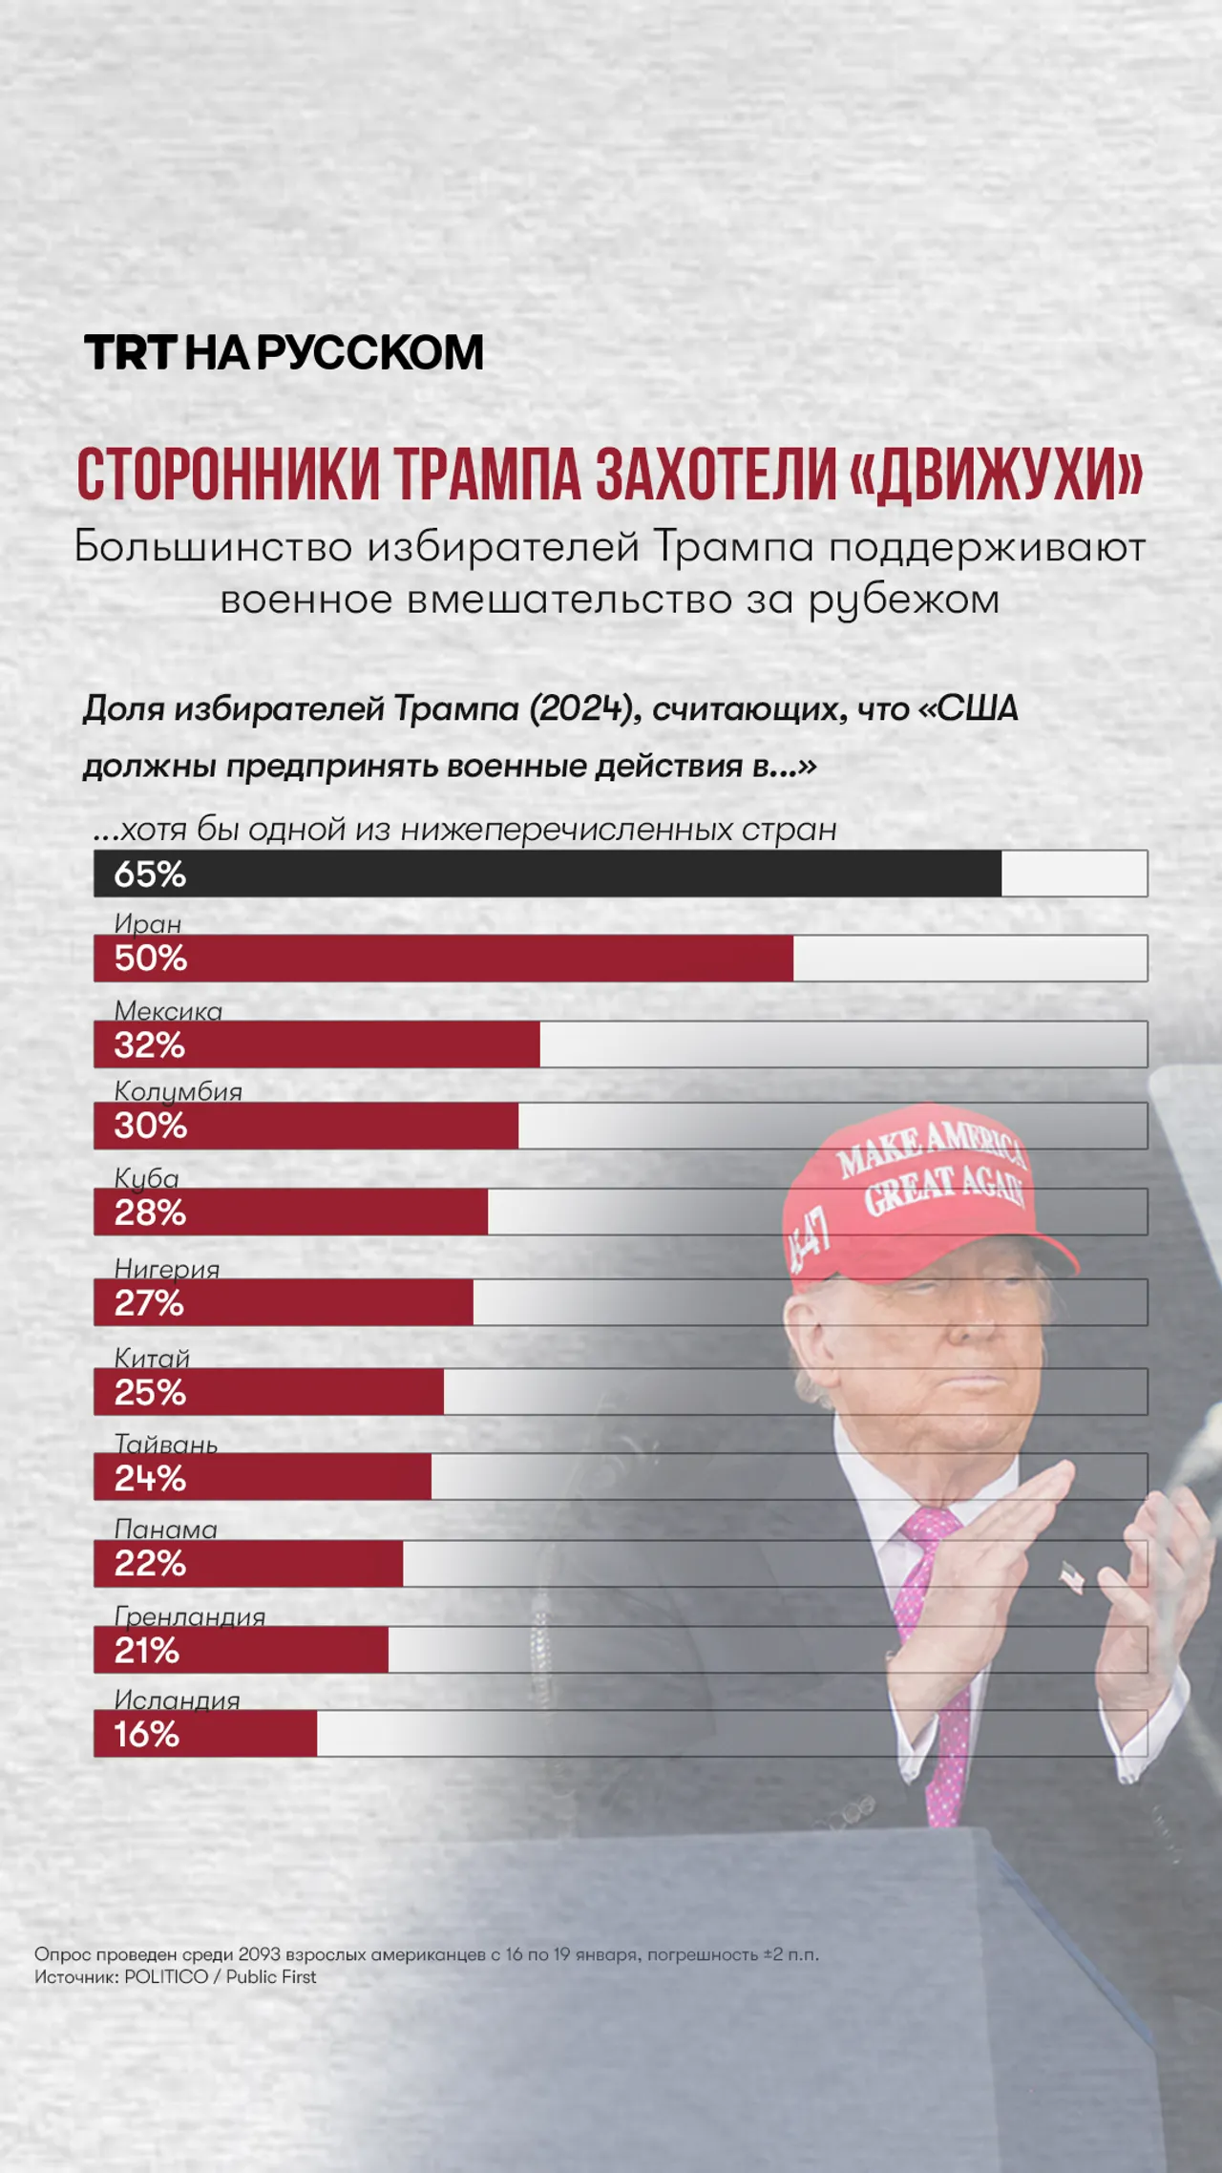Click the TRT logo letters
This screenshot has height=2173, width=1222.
131,352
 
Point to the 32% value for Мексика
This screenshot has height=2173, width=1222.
149,1044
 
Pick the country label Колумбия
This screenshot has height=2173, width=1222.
179,1090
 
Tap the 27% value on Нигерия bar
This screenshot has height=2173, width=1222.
149,1302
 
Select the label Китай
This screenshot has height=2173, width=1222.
152,1357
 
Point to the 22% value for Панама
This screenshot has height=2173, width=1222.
150,1563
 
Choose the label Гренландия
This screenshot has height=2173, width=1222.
190,1615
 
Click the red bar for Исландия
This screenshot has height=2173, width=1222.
205,1733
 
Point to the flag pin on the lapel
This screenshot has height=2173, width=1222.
1071,1578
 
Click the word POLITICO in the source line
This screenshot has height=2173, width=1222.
166,1976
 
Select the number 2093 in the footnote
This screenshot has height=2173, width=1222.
260,1953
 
